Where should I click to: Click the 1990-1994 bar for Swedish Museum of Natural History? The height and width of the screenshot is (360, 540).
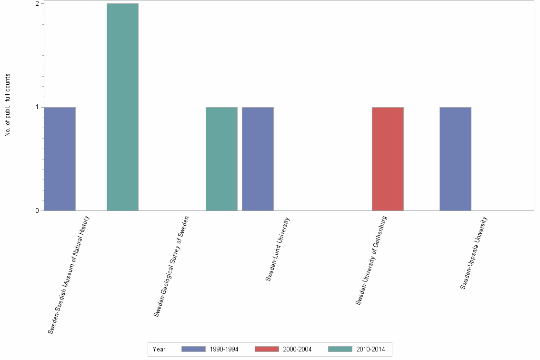point(60,159)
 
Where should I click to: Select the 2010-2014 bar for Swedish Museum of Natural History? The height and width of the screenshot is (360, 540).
point(122,107)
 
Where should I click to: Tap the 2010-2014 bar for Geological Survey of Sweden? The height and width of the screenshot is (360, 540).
point(221,159)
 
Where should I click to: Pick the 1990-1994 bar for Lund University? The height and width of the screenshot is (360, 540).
point(258,159)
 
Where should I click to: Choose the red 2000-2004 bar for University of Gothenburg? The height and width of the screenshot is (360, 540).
point(388,159)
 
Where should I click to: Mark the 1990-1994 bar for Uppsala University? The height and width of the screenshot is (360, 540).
point(455,159)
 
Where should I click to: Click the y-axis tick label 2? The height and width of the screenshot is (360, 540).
point(37,4)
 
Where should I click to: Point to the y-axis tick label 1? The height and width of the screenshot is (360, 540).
point(37,107)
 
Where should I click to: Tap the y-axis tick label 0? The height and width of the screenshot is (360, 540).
point(37,210)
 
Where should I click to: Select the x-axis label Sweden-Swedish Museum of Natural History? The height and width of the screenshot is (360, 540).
point(69,274)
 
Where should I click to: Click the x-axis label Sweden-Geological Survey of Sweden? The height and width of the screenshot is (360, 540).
point(171,266)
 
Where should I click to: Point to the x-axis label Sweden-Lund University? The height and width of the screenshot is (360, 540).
point(278,249)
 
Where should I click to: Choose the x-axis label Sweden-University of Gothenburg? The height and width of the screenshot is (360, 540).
point(371,260)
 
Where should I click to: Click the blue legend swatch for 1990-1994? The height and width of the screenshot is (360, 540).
point(193,350)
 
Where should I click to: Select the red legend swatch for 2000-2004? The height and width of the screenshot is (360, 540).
point(267,350)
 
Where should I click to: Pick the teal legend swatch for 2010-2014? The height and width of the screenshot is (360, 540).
point(340,350)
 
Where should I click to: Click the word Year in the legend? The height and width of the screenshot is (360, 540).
point(159,350)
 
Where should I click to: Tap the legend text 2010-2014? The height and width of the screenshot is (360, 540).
point(370,350)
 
